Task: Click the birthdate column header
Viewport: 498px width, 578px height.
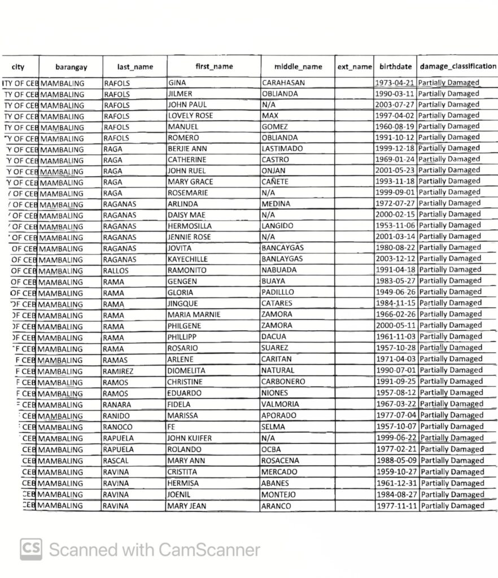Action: point(395,67)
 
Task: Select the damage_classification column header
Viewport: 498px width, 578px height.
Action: point(457,66)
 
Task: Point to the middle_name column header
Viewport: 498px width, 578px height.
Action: point(298,67)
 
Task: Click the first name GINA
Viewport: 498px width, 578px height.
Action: point(177,83)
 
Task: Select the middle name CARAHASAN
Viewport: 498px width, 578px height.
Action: point(283,83)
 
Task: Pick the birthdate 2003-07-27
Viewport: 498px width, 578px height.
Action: point(395,105)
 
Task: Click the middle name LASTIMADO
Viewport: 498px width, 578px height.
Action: point(282,148)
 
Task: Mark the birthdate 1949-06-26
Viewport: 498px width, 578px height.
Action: point(396,292)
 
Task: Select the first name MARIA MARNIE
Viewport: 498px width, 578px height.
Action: point(194,314)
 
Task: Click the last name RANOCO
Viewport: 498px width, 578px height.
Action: point(117,427)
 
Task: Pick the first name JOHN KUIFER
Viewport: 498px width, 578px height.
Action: point(190,438)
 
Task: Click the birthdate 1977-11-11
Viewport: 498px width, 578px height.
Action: point(397,506)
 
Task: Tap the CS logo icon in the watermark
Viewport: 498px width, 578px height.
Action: point(31,549)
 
